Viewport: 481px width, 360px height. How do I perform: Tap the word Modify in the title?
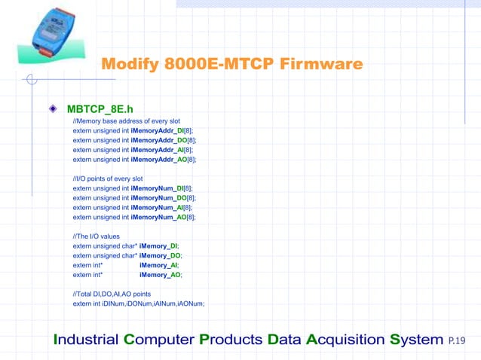(x=130, y=65)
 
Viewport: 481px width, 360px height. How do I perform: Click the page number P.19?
(x=457, y=341)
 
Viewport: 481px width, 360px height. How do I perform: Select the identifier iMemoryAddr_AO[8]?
(x=164, y=159)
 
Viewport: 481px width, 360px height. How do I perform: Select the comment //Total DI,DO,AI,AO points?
(x=112, y=294)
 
